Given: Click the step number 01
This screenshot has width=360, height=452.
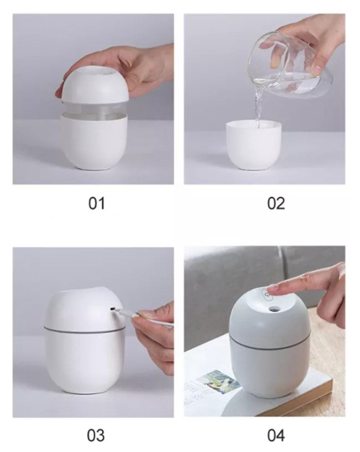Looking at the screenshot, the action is point(97,204).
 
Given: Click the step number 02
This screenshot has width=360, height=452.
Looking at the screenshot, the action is point(276,204).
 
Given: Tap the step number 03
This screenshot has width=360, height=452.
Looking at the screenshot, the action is point(96,435).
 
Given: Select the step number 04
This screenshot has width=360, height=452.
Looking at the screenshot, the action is point(276,435).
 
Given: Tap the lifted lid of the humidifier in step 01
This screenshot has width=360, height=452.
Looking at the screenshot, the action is point(95,84).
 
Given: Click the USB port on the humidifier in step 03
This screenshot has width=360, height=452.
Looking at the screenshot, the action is point(113,309).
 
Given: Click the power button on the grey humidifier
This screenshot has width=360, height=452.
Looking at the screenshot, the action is point(267,296).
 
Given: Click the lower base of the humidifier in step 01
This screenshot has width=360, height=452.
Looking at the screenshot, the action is point(94,141).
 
